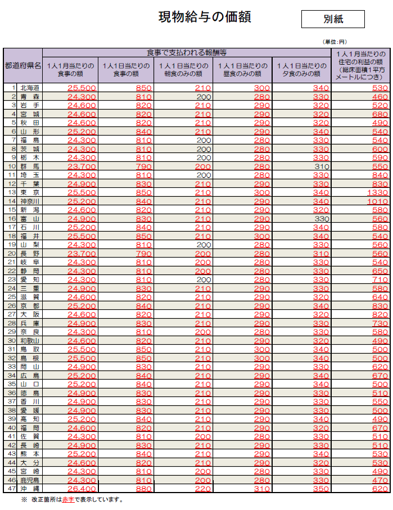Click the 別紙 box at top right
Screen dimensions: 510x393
click(x=333, y=19)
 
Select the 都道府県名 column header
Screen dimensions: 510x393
click(x=22, y=65)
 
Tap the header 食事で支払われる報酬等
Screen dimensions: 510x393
click(x=186, y=52)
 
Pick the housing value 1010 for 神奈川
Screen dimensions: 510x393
click(x=377, y=201)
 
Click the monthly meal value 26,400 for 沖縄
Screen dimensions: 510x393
click(x=82, y=489)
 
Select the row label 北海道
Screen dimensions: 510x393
click(x=29, y=88)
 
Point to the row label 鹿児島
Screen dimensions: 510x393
click(x=29, y=480)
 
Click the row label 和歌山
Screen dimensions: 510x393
click(x=29, y=340)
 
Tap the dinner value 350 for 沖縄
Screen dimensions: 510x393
click(x=320, y=489)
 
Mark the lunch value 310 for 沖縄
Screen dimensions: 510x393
click(x=261, y=489)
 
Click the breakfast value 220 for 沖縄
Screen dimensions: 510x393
click(x=203, y=489)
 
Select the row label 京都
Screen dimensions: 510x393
click(x=29, y=305)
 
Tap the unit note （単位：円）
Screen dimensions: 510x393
click(x=334, y=42)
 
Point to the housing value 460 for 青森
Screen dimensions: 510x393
click(x=380, y=97)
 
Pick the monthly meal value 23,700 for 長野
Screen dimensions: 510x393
click(x=82, y=254)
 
